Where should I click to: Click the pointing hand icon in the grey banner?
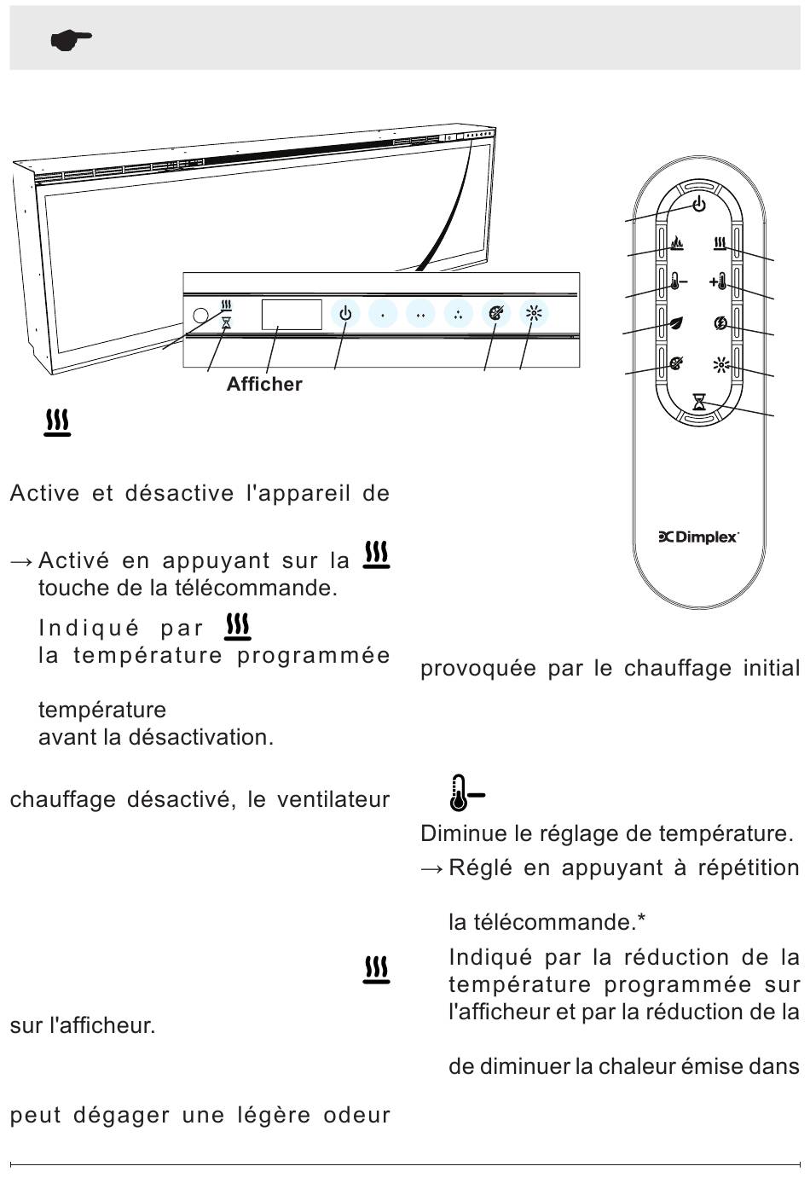point(71,40)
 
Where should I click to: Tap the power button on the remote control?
point(699,204)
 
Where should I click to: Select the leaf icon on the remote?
point(676,323)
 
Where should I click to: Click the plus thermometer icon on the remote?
point(718,281)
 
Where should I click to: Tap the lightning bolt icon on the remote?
point(721,322)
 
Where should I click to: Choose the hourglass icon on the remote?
point(699,402)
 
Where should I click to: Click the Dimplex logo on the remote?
point(699,537)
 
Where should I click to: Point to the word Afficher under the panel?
point(264,384)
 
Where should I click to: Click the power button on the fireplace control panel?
point(345,314)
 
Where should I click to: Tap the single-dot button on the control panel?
point(383,314)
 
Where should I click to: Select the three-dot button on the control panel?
point(459,314)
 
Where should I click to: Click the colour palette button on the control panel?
point(496,314)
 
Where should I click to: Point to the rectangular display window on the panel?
point(292,315)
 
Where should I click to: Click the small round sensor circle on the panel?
point(200,316)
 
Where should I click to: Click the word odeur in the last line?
point(356,1115)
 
